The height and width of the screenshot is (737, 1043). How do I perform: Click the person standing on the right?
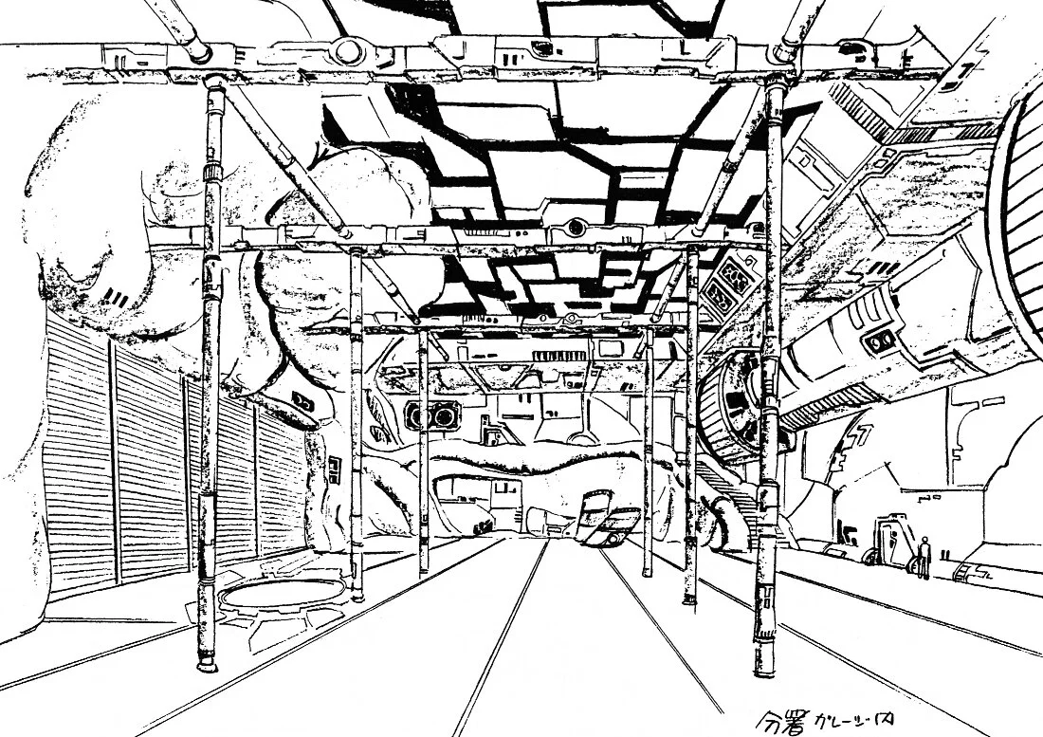(x=924, y=557)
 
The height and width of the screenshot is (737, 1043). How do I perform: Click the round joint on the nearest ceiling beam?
(x=348, y=49)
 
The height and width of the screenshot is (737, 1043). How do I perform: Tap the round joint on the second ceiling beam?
(x=576, y=226)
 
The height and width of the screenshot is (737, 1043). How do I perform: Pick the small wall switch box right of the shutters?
(x=334, y=465)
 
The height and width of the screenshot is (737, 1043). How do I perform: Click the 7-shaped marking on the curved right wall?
(x=862, y=435)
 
